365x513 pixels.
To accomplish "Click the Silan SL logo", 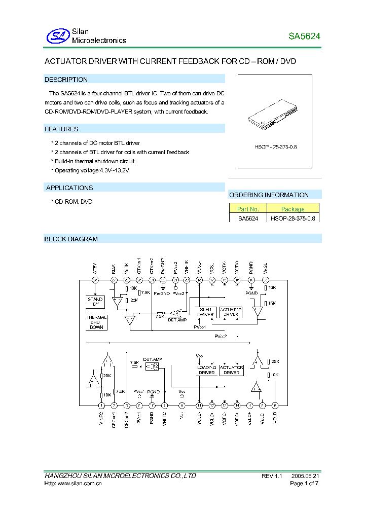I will click(57, 36).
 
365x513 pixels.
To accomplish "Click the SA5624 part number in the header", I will click(304, 36).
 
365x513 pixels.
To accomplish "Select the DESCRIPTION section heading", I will click(66, 80).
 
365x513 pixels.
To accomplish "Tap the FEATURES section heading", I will click(61, 129).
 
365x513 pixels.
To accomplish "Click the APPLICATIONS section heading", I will click(69, 188).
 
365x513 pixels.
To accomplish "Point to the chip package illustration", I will click(274, 116).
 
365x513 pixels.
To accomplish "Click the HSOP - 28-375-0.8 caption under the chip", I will click(275, 146).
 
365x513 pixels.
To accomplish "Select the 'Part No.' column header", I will click(248, 209).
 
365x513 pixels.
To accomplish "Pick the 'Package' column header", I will click(293, 209).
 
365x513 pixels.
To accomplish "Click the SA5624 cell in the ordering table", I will click(248, 218).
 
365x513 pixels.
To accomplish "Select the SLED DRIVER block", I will click(205, 312).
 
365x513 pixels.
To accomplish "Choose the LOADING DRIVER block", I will click(206, 370).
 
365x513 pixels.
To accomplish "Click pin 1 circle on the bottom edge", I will click(101, 406).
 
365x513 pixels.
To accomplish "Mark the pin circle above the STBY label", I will click(95, 280).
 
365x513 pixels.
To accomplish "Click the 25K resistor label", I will click(274, 361).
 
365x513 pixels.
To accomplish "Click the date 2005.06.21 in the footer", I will click(305, 476).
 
